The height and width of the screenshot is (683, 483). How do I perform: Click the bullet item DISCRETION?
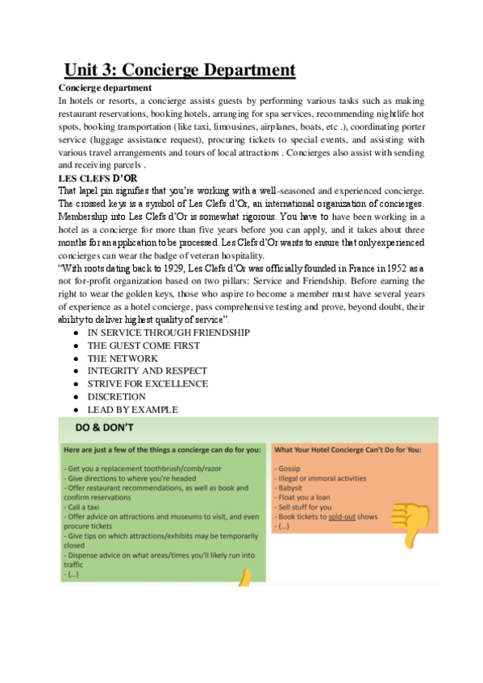[x=117, y=397]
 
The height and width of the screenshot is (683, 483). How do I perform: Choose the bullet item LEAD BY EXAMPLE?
[x=132, y=410]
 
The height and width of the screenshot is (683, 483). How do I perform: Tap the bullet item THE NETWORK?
[x=123, y=358]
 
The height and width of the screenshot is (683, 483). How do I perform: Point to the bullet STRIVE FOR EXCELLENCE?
[x=148, y=384]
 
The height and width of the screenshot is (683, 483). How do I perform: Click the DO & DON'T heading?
[x=105, y=427]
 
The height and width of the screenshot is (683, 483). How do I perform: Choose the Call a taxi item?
[x=90, y=497]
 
